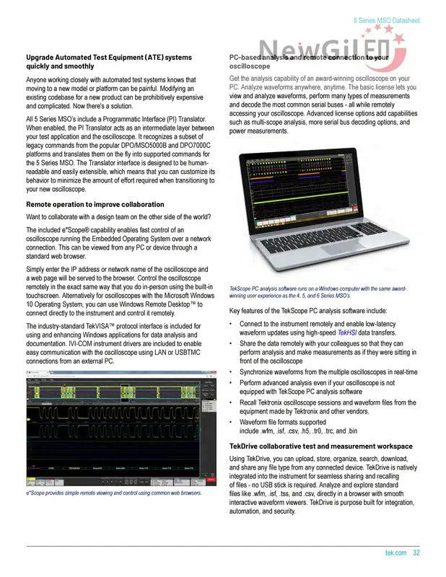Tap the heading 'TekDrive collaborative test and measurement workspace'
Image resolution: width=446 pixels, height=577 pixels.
click(x=320, y=446)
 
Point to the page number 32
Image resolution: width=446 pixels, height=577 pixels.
click(x=416, y=553)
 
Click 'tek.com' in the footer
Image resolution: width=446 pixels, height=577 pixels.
click(x=396, y=553)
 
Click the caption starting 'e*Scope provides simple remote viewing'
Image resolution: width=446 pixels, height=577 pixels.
click(x=114, y=493)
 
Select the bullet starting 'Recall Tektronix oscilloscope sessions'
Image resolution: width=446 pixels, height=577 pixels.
click(x=328, y=407)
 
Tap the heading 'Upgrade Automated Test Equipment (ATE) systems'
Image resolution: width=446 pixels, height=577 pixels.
click(x=109, y=56)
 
